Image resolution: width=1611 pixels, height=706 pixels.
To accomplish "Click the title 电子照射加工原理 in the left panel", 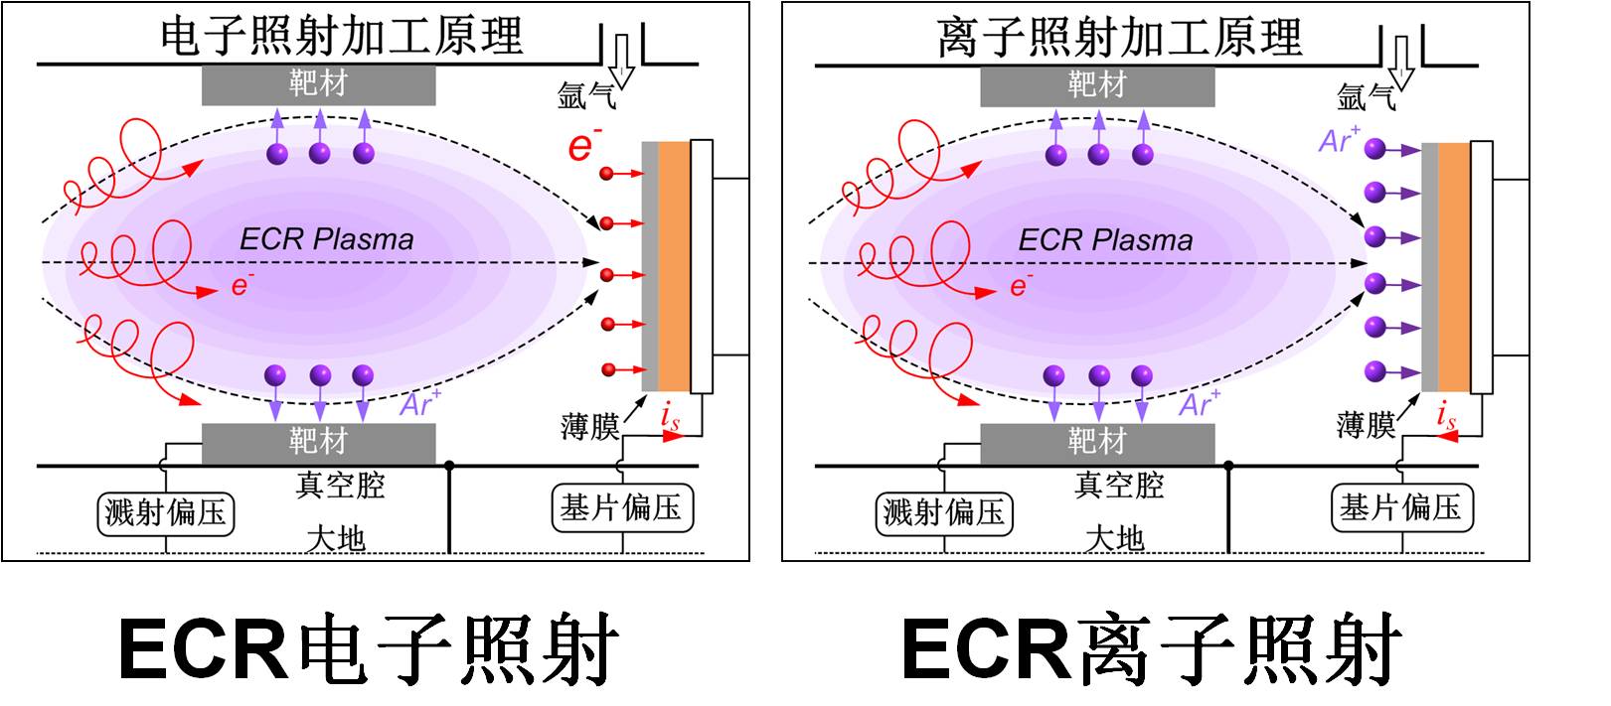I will coord(341,36).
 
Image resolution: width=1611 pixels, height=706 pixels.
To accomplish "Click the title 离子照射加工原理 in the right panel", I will coord(1119,37).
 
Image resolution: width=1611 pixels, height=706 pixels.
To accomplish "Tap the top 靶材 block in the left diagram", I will coord(318,84).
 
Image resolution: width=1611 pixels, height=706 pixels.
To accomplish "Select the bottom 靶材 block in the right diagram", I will coord(1097,442).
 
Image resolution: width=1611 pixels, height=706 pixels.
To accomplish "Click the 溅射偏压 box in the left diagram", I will coord(166,512).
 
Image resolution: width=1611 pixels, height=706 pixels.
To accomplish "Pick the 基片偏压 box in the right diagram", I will coord(1401,508).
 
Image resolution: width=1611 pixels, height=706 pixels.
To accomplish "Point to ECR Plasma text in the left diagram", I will coord(327,239).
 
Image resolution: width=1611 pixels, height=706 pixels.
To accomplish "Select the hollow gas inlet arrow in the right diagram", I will coord(1401,62).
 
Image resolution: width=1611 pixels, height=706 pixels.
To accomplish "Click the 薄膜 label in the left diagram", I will coord(589,427).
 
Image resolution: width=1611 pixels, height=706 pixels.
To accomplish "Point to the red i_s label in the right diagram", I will coord(1447,417).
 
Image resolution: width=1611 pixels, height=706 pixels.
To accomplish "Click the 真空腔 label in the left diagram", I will coord(340,486).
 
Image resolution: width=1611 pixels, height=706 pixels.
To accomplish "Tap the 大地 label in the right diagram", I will coord(1115,539).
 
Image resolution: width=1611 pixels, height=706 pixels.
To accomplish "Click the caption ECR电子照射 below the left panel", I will coord(369,649).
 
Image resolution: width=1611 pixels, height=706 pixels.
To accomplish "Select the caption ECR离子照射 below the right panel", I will coord(1151,649).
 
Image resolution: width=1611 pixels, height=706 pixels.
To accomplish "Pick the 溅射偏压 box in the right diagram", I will coord(945,512).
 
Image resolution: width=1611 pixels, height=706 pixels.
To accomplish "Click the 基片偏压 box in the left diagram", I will coord(621,508).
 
